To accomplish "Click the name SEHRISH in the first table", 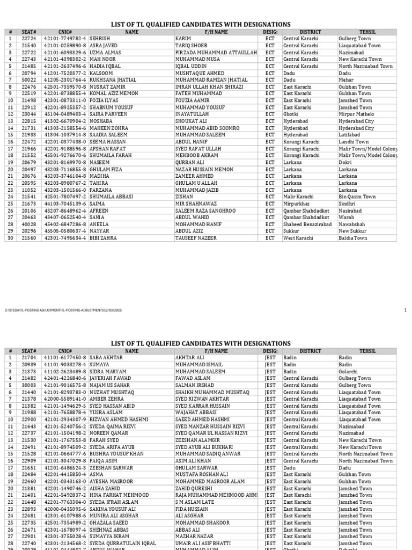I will tap(100, 39).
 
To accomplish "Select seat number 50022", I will tap(28, 80).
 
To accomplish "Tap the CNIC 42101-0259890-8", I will tap(65, 46).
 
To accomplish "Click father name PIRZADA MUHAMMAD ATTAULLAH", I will tap(216, 53).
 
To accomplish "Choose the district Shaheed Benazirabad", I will tap(308, 225).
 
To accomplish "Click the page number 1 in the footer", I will tap(406, 310).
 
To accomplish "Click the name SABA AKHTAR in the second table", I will tap(106, 357).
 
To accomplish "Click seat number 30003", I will tap(28, 385).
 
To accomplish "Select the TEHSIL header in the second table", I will tap(368, 351).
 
